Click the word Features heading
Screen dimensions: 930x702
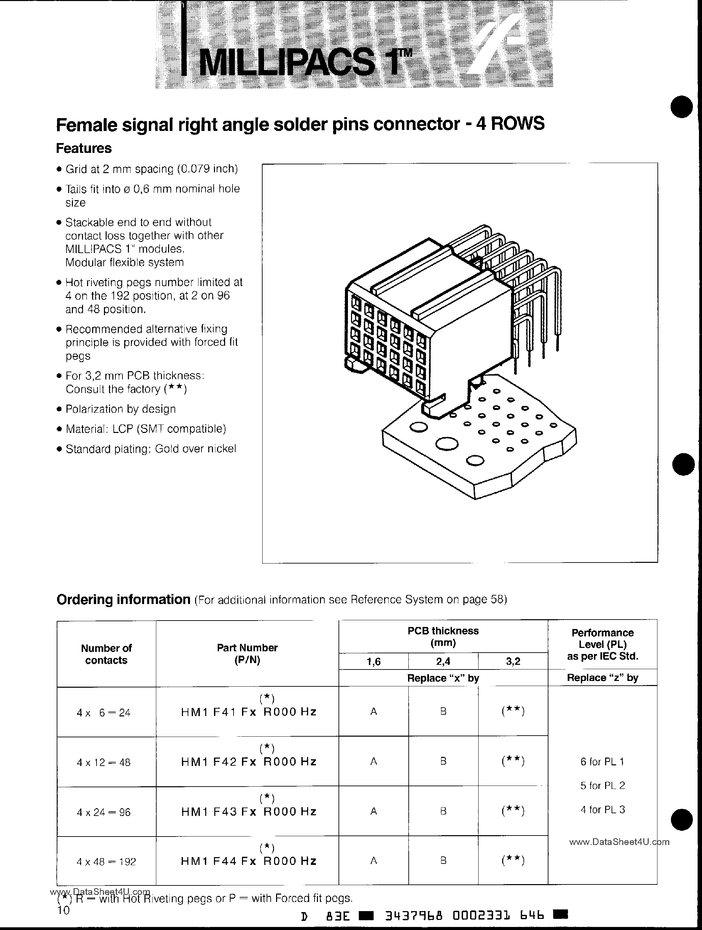[x=84, y=148]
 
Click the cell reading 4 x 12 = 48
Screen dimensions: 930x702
[x=104, y=762]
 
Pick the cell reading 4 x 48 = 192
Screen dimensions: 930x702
[x=106, y=861]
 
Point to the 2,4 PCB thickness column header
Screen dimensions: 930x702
[x=443, y=661]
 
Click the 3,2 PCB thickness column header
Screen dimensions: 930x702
[x=513, y=661]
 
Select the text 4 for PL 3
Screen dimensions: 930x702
[x=602, y=809]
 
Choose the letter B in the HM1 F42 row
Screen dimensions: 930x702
[x=443, y=761]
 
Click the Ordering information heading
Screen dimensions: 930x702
[x=123, y=599]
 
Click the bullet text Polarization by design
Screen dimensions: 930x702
[x=120, y=409]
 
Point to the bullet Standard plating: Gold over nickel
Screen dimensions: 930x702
[x=151, y=448]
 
